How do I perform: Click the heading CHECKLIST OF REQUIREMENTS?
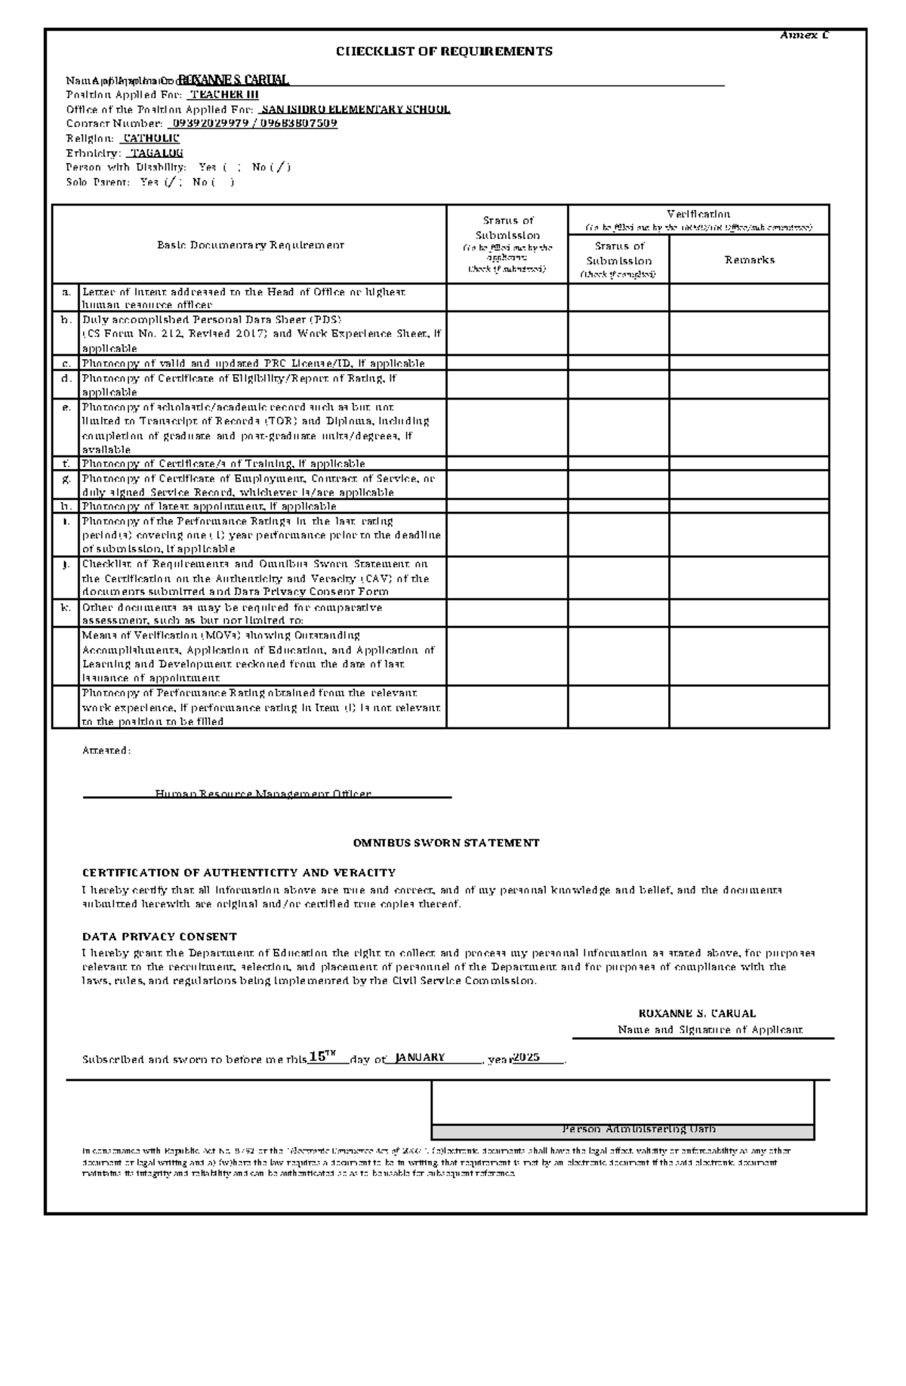(x=444, y=51)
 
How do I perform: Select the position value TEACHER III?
(x=223, y=94)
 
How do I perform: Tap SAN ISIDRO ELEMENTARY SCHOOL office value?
(x=355, y=109)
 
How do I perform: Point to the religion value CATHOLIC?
(x=151, y=138)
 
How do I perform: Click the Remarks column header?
(x=749, y=260)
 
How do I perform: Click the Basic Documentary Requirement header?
(x=250, y=245)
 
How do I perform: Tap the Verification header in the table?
(x=698, y=214)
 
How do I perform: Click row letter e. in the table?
(x=66, y=407)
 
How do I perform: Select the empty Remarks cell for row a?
(x=749, y=298)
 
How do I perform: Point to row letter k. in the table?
(x=66, y=607)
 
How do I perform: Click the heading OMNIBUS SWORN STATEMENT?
(x=446, y=842)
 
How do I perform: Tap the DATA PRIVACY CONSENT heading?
(x=159, y=937)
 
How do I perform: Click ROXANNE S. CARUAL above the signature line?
(x=697, y=1014)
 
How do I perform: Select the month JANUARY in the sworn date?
(x=420, y=1057)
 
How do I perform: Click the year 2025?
(x=525, y=1057)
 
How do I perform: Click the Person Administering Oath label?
(x=639, y=1129)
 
